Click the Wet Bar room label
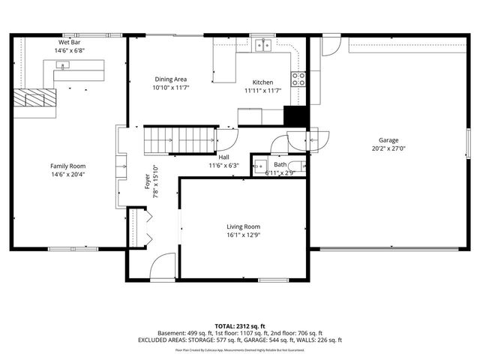69,43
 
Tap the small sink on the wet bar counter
63,66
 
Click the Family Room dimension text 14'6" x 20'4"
67,174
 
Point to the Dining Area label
171,79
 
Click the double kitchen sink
262,45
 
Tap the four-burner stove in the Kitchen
298,78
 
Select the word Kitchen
262,82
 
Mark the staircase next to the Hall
178,138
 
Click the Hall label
223,157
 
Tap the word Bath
280,164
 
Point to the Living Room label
243,226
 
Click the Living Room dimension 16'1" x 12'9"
243,234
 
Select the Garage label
388,140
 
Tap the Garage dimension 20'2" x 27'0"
388,148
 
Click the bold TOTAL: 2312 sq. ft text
239,325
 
